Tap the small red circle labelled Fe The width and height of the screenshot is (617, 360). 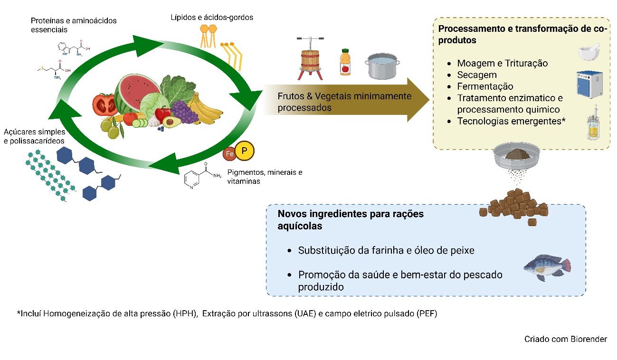click(229, 155)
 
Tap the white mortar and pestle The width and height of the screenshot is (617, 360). click(590, 51)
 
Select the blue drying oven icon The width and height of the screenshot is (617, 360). click(589, 85)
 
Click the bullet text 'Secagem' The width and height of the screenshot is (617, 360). click(477, 75)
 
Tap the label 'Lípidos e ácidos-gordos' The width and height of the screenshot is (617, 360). click(212, 18)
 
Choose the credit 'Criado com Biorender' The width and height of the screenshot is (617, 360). click(565, 339)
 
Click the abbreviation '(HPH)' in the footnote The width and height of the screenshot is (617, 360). click(186, 314)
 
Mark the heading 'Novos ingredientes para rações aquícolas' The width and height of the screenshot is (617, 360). click(350, 220)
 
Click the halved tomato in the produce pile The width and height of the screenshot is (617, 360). click(104, 104)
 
